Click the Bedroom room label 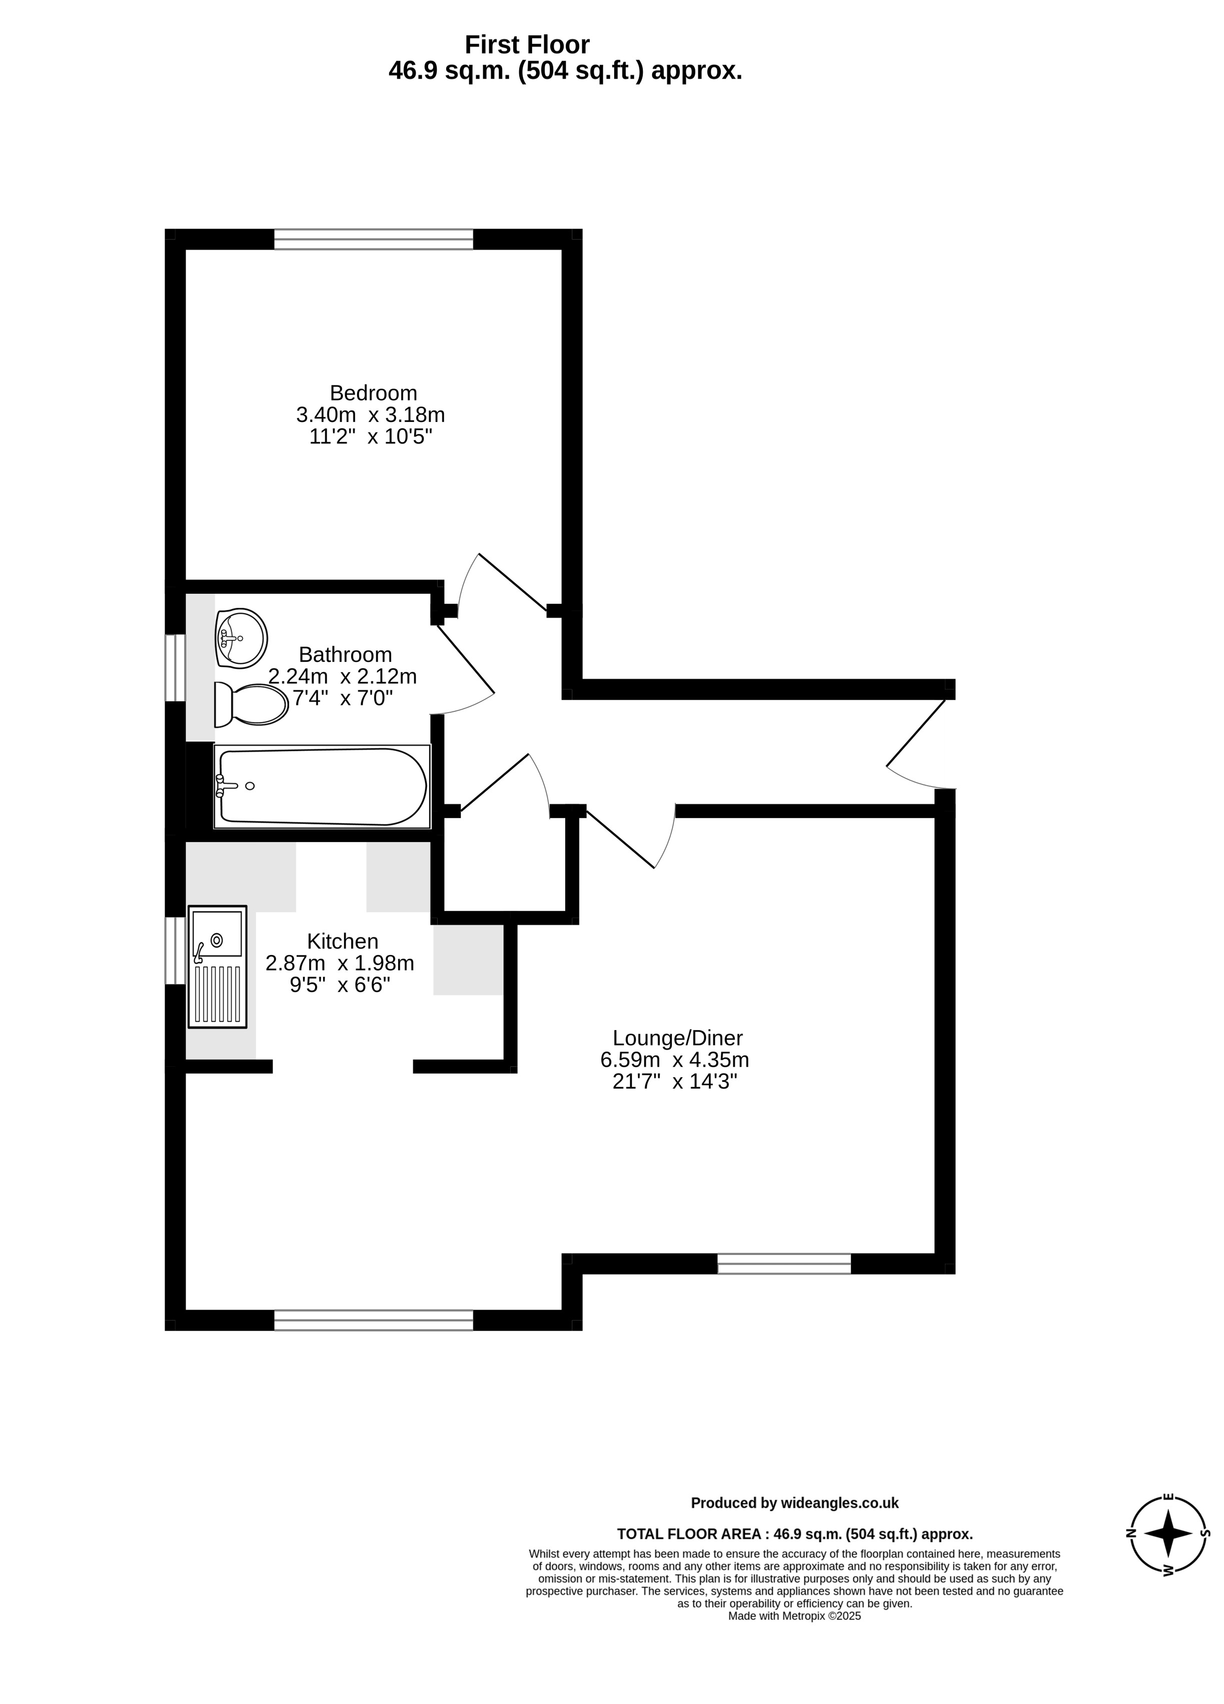point(373,393)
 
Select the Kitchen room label point(343,942)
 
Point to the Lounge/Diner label point(677,1038)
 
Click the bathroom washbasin point(240,638)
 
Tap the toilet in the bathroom point(251,705)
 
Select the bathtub point(322,786)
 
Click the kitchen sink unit point(217,967)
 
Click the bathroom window point(175,668)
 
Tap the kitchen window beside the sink point(175,951)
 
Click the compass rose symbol point(1167,1534)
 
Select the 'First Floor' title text point(527,45)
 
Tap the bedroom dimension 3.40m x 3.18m point(371,414)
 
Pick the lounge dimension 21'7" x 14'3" point(674,1082)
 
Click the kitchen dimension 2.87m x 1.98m point(340,963)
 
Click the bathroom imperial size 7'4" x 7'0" point(343,698)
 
